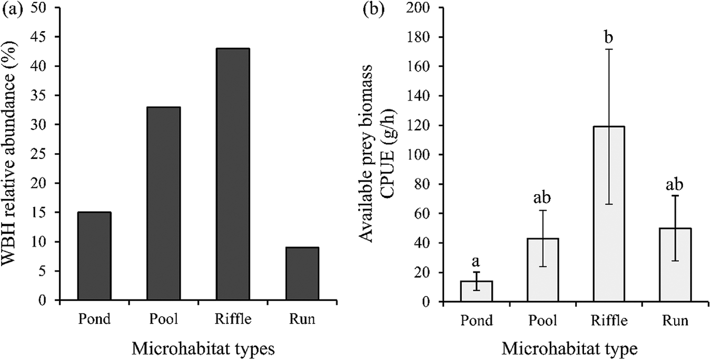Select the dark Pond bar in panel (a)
pos(94,256)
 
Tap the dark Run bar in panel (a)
pos(302,274)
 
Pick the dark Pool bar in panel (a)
pos(164,204)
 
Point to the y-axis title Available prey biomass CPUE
pos(377,155)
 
